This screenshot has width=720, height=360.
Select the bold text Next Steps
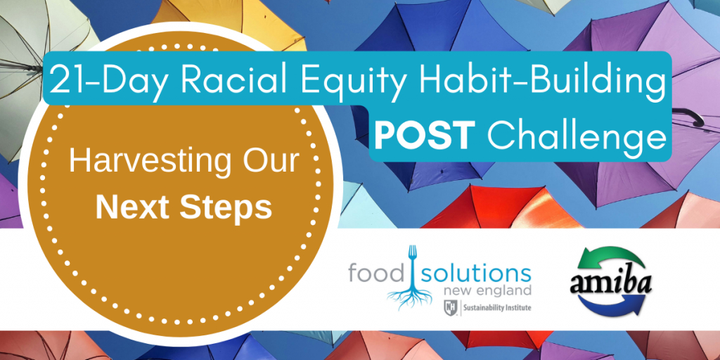click(184, 207)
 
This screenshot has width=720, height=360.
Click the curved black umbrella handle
click(692, 115)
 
